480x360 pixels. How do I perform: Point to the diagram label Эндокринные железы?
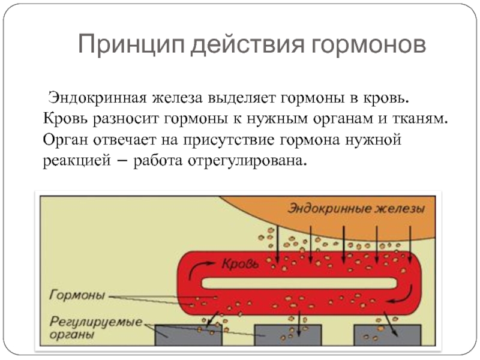(356, 209)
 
